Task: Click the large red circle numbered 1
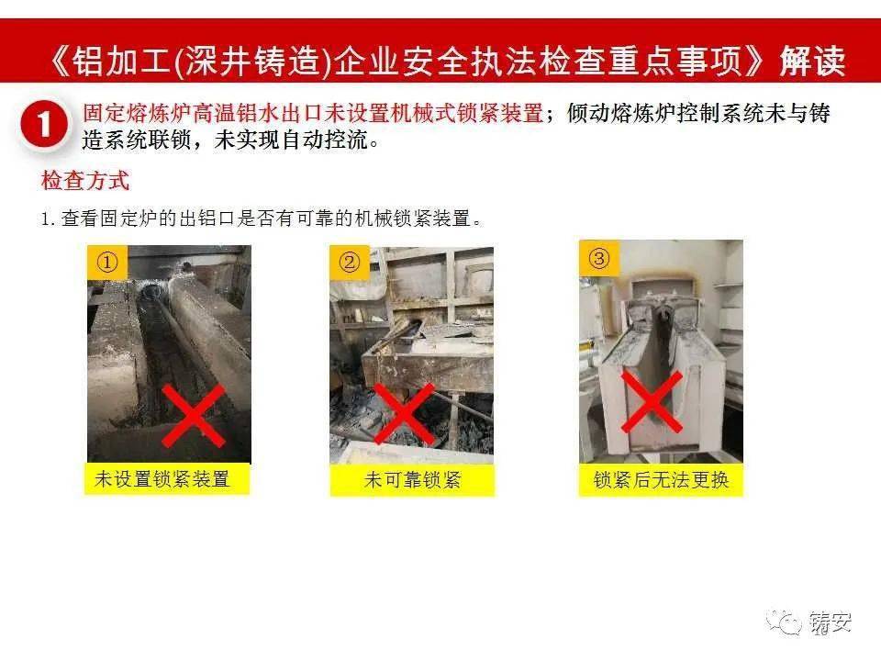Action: (44, 125)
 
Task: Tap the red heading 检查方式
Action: (84, 181)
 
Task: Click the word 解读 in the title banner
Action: (812, 61)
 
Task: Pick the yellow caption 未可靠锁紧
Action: (412, 479)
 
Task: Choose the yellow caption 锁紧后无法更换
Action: (661, 479)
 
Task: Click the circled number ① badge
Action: (107, 262)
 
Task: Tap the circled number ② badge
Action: (350, 262)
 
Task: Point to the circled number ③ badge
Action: (599, 259)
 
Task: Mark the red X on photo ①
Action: (194, 415)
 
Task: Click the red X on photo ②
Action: (404, 414)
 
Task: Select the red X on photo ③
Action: (652, 401)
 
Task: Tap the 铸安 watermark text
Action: (831, 622)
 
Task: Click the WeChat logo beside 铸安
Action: (784, 622)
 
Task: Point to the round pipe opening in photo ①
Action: (151, 293)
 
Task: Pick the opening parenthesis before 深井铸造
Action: (178, 61)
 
